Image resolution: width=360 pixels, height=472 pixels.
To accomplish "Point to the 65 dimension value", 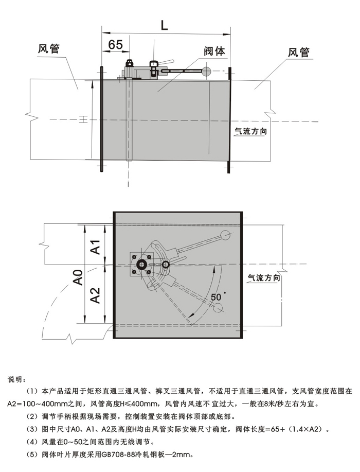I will click(x=115, y=45).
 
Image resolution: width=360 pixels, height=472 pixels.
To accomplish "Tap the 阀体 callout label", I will click(x=214, y=51).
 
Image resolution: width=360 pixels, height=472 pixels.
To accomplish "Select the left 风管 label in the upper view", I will click(x=49, y=49).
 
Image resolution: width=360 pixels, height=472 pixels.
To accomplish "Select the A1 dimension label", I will click(x=95, y=247).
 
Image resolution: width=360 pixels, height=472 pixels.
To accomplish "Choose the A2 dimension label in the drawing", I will click(x=95, y=295).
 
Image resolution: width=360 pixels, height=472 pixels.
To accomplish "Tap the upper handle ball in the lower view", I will click(x=225, y=235).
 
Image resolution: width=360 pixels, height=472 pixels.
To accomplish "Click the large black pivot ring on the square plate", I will click(x=140, y=266).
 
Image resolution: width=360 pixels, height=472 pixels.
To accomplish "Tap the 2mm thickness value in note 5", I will click(x=185, y=454).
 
